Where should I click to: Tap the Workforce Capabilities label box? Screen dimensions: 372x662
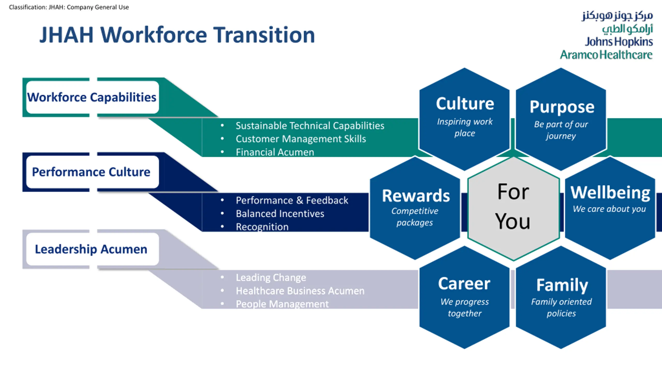[92, 97]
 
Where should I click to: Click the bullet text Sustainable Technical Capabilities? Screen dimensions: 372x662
[310, 126]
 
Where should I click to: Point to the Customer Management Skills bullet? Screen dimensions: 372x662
[301, 139]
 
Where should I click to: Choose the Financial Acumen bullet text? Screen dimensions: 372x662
[275, 152]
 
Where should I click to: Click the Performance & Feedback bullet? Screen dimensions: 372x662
[292, 200]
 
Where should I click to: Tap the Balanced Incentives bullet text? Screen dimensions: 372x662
[280, 214]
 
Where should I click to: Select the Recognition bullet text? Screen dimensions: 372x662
[262, 227]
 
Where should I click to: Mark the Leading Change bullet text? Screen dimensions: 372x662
[271, 278]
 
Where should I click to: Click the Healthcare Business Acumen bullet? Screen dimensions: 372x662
[300, 291]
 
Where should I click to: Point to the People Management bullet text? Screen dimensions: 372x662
[282, 304]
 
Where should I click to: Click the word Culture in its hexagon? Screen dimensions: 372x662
[465, 104]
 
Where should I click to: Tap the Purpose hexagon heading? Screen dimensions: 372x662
[562, 107]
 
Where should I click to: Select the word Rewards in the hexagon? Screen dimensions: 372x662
[416, 196]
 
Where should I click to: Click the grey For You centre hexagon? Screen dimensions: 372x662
[513, 207]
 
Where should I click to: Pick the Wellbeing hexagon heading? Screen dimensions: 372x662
[610, 193]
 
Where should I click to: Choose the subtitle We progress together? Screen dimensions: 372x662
[465, 307]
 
